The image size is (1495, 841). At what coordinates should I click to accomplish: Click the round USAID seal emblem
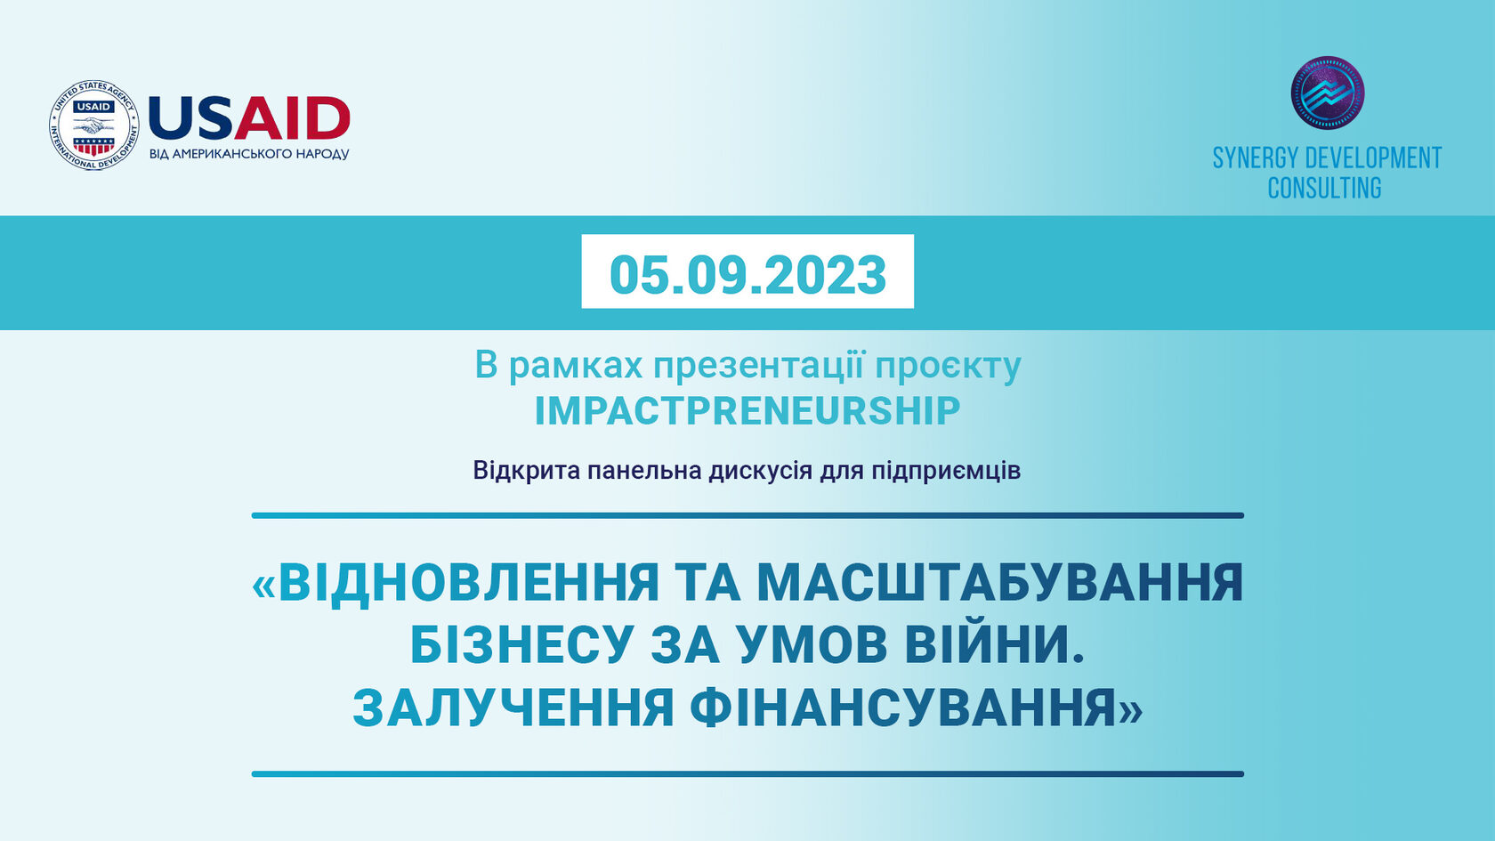[94, 125]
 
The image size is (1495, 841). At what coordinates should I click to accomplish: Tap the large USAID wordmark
[249, 118]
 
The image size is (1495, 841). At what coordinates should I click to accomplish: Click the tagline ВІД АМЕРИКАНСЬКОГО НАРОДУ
[249, 154]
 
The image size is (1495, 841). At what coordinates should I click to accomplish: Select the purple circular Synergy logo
[1328, 93]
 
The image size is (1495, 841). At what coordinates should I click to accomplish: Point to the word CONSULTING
[1325, 188]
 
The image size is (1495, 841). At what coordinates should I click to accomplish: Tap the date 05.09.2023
[748, 274]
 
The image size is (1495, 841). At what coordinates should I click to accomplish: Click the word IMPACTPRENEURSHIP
[747, 410]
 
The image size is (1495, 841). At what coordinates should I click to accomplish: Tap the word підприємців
[947, 472]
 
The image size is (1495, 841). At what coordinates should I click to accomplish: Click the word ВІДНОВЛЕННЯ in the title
[468, 582]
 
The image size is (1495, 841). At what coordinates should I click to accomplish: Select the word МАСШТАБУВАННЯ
[1000, 582]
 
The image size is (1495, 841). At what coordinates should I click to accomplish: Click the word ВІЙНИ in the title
[995, 643]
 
